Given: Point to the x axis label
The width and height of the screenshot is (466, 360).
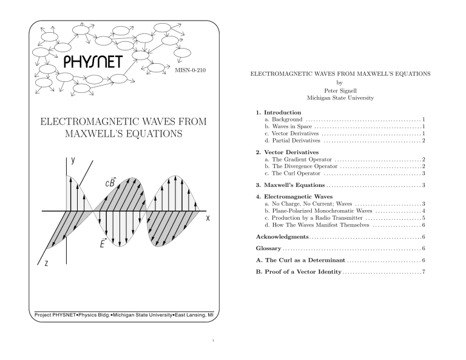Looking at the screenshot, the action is pos(208,219).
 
